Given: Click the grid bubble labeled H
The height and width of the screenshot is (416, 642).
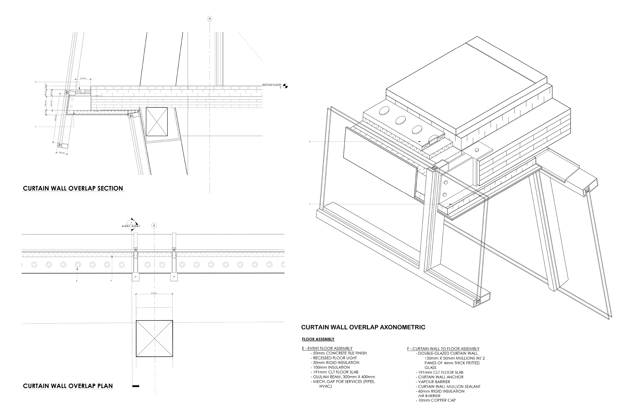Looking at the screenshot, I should click(210, 19).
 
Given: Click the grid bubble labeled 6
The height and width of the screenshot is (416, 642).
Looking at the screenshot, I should click(154, 225).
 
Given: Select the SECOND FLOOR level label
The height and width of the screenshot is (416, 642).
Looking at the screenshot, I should click(271, 85).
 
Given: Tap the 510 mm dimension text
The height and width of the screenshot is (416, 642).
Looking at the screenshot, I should click(154, 293).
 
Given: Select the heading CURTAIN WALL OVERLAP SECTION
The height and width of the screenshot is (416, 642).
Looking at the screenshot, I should click(73, 188).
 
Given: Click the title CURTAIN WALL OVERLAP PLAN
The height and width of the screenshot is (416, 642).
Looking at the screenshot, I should click(68, 386).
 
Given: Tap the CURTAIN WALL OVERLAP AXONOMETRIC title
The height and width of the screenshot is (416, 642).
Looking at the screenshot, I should click(363, 327).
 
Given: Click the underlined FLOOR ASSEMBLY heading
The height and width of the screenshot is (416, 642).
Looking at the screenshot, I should click(318, 339).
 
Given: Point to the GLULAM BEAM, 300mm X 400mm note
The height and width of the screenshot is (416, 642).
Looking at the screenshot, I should click(344, 377).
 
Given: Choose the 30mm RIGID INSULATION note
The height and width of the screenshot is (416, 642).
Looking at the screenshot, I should click(336, 363).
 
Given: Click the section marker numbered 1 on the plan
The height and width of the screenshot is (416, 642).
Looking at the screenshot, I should click(131, 223).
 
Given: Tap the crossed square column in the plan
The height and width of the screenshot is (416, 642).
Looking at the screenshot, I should click(154, 339).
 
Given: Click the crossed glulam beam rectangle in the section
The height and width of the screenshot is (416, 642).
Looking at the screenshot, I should click(157, 122).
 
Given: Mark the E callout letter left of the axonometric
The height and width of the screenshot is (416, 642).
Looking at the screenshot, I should click(310, 142).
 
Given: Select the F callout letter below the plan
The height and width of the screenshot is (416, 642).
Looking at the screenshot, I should click(111, 281).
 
